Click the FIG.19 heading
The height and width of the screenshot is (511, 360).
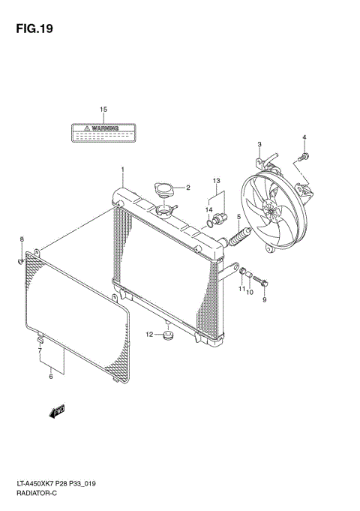(34, 29)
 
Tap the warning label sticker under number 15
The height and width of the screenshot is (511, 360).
(103, 133)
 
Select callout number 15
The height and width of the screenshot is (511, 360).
(103, 110)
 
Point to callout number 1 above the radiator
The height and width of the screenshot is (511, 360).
(123, 170)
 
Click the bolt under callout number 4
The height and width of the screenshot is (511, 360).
(303, 158)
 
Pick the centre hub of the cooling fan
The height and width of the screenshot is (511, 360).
(271, 209)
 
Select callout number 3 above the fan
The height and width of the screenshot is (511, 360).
(259, 144)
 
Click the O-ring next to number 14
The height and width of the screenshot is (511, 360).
(210, 224)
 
